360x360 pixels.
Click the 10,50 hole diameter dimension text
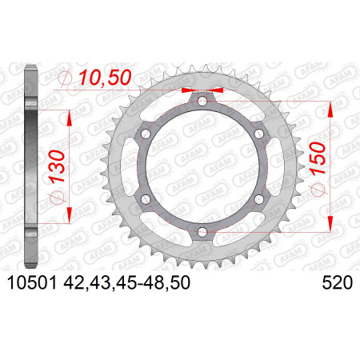click(106, 78)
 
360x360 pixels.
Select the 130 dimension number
click(57, 166)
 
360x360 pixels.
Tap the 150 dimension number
click(318, 158)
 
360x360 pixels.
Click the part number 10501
click(32, 283)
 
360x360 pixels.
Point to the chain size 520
click(338, 283)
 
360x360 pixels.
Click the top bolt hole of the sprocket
click(202, 101)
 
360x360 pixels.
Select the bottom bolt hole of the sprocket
click(202, 232)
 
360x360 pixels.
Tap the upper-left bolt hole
click(146, 134)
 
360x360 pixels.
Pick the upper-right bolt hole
click(259, 134)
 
